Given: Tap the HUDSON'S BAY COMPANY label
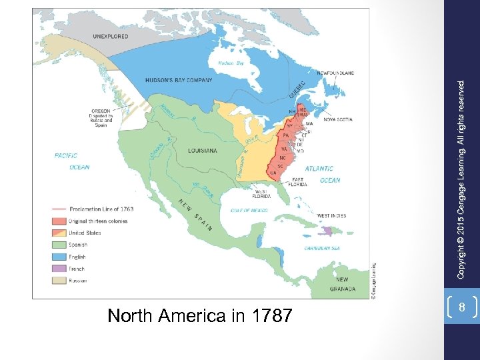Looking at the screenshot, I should tap(179, 81).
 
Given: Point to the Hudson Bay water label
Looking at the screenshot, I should tap(231, 63).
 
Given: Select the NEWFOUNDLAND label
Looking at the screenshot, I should tap(335, 73).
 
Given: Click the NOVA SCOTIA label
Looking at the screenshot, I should tap(338, 119).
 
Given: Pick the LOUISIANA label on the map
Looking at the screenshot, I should tap(202, 151).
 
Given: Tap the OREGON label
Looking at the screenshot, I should tap(102, 111).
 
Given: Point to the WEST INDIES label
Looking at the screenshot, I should tap(331, 215).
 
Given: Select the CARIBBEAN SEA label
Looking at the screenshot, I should tap(322, 248).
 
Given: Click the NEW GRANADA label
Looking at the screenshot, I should tap(342, 284).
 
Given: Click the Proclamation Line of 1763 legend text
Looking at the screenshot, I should tap(101, 209).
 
